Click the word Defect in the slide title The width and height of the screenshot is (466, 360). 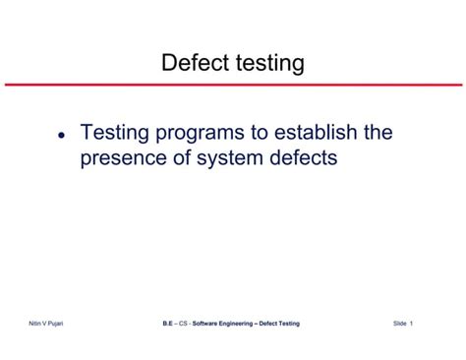pos(195,64)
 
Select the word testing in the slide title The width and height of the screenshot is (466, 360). pos(267,64)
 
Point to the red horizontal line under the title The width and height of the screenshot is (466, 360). pos(233,85)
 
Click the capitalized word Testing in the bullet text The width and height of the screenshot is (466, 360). pos(116,132)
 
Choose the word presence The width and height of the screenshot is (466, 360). pos(124,157)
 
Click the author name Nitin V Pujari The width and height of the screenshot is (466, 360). pos(46,324)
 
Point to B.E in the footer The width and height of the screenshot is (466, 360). pos(167,324)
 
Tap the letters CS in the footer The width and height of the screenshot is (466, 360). pos(183,324)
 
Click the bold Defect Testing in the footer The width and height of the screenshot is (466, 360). pos(279,324)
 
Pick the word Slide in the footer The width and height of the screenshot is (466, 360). pos(400,324)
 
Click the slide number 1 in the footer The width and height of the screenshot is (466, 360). pos(412,324)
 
